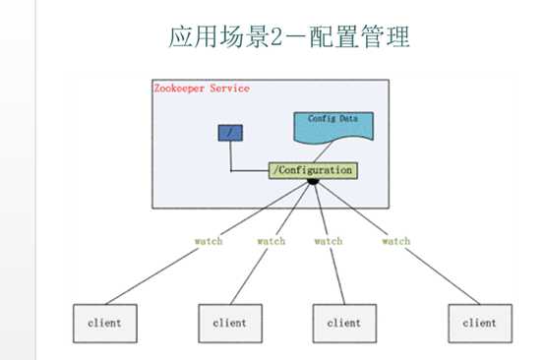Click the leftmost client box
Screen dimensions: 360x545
pyautogui.click(x=105, y=322)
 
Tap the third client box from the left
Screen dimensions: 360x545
pyautogui.click(x=344, y=322)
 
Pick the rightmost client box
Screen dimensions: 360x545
pyautogui.click(x=479, y=322)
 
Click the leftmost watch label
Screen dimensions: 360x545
pyautogui.click(x=208, y=241)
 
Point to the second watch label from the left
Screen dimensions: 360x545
pyautogui.click(x=272, y=241)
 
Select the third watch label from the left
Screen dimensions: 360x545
pyautogui.click(x=328, y=241)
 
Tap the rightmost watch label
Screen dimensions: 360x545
pyautogui.click(x=395, y=241)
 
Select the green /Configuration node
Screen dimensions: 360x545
pyautogui.click(x=312, y=170)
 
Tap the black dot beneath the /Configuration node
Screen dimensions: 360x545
pyautogui.click(x=312, y=182)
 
